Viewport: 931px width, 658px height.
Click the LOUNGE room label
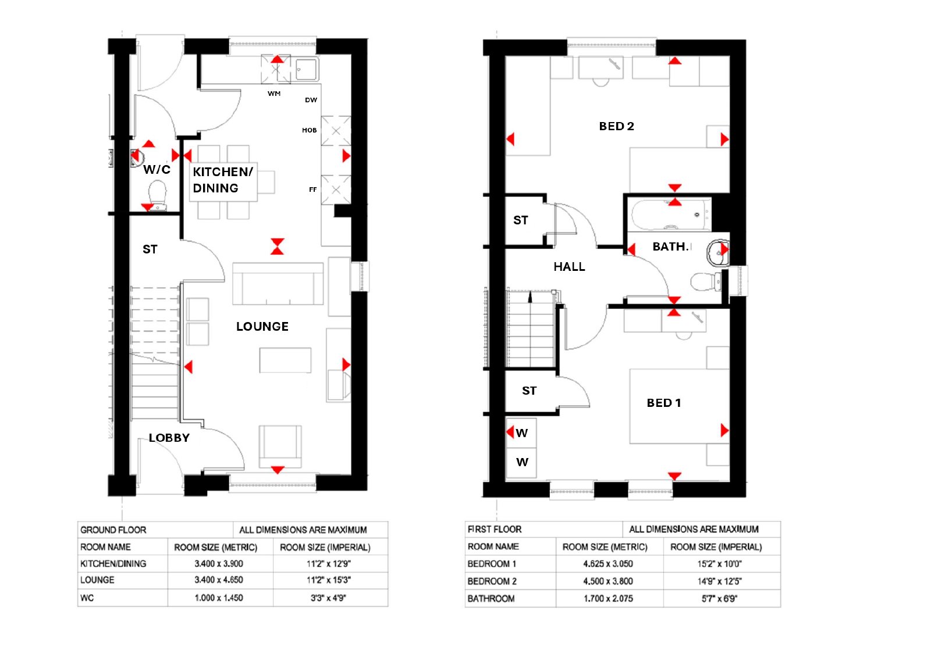pos(262,327)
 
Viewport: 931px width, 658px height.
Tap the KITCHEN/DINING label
pos(223,180)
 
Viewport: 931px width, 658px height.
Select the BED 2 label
pos(616,126)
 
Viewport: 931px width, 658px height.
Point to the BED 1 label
pos(664,403)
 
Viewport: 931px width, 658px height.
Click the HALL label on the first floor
pos(570,267)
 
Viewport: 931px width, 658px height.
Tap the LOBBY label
pos(169,438)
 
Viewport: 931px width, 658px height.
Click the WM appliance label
pos(274,94)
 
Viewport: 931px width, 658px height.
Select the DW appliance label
pos(311,100)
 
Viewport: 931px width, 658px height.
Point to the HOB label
pos(309,130)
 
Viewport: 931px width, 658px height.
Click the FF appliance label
pos(312,189)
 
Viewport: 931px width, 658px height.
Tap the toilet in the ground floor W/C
pos(158,196)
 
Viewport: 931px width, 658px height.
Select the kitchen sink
pos(307,69)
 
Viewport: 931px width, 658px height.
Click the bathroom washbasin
pos(718,252)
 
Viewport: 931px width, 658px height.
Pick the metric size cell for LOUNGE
pos(219,580)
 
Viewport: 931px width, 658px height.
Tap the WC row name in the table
pos(87,598)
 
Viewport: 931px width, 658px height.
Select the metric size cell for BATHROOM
pos(608,599)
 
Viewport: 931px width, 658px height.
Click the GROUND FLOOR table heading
pos(113,530)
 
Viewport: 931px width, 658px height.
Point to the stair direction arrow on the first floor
pos(530,297)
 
